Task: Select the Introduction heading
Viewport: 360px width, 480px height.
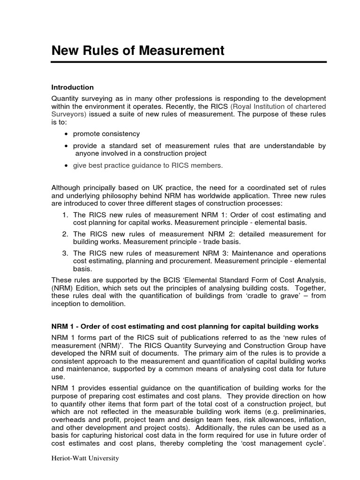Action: tap(73, 88)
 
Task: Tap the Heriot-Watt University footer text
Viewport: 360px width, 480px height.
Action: tap(85, 458)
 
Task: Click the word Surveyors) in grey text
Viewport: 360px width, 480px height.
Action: tap(69, 114)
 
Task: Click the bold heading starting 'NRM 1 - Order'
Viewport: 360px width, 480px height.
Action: tap(185, 326)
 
